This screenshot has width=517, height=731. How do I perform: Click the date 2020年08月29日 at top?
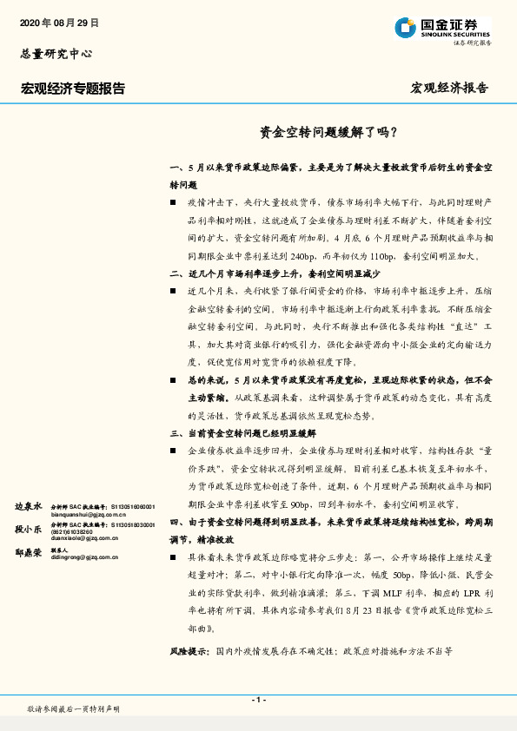pyautogui.click(x=58, y=23)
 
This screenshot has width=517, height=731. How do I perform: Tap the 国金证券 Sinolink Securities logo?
pyautogui.click(x=443, y=28)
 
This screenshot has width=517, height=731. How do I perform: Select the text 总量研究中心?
pyautogui.click(x=56, y=54)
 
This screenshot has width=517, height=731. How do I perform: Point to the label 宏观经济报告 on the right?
pyautogui.click(x=448, y=89)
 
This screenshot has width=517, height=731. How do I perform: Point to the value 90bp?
pyautogui.click(x=302, y=504)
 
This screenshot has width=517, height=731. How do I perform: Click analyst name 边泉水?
pyautogui.click(x=28, y=504)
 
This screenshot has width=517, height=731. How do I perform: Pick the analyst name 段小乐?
pyautogui.click(x=28, y=527)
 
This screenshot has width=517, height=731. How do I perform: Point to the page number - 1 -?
pyautogui.click(x=258, y=700)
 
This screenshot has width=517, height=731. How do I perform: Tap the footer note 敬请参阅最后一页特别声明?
pyautogui.click(x=74, y=709)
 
